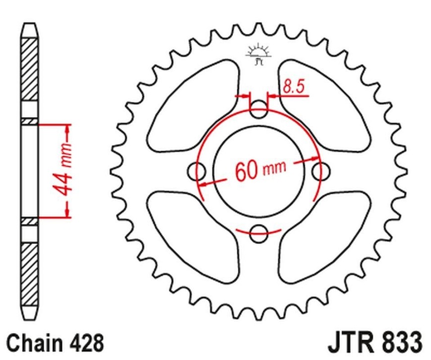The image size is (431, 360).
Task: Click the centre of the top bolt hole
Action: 258,110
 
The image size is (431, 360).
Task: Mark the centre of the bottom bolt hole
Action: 259,234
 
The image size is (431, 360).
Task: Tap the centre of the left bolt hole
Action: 196,172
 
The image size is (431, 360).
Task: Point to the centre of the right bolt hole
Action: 321,172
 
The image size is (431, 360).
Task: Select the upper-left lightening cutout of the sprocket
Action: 193,106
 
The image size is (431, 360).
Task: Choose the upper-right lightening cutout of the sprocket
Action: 324,106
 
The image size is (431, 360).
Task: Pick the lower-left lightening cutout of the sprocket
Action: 193,238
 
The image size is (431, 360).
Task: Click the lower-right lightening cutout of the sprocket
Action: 324,238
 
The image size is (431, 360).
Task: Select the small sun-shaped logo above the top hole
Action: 258,54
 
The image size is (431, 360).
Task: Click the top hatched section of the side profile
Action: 29,69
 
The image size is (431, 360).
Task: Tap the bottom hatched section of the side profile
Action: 29,275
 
